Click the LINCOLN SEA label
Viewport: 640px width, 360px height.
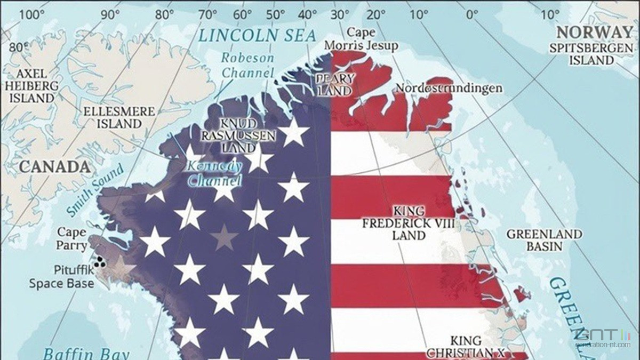click(257, 36)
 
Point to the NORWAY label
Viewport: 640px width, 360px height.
click(594, 31)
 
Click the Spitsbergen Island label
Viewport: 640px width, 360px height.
click(590, 54)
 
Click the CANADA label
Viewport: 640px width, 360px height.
click(54, 167)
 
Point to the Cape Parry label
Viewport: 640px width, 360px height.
click(71, 239)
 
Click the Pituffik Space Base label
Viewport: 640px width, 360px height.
click(61, 276)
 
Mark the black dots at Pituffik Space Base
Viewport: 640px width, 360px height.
click(99, 262)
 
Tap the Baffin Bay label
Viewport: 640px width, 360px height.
click(79, 353)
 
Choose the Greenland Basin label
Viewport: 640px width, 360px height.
click(544, 240)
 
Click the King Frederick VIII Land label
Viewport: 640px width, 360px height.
click(409, 222)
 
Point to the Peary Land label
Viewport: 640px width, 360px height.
click(335, 84)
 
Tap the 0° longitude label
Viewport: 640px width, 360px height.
click(471, 14)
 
